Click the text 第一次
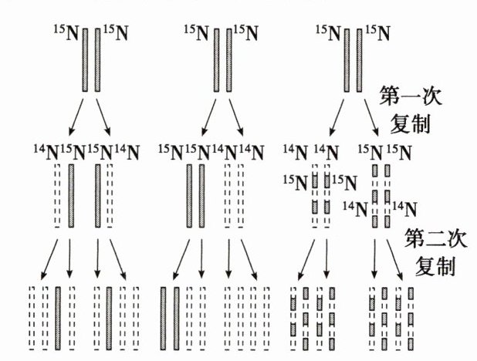tap(405, 98)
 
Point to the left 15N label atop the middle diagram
tap(197, 33)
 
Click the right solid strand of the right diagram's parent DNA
tap(359, 60)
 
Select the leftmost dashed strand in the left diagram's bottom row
tap(32, 318)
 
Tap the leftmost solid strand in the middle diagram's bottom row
tap(164, 318)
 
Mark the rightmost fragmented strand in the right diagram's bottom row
tap(409, 318)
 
